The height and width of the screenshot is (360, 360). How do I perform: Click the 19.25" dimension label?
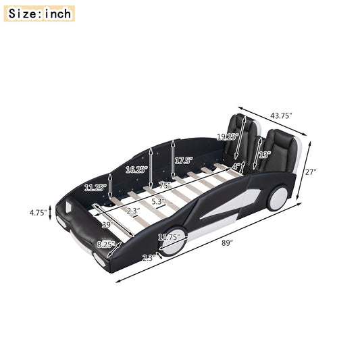227,136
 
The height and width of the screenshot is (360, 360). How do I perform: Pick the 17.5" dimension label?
184,161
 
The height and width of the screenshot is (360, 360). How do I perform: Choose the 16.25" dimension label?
136,170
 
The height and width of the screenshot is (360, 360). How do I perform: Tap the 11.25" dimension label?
95,188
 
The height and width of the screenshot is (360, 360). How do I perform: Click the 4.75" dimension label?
38,212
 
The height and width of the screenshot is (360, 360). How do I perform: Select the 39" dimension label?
106,226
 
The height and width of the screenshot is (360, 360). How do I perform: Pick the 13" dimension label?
264,155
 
